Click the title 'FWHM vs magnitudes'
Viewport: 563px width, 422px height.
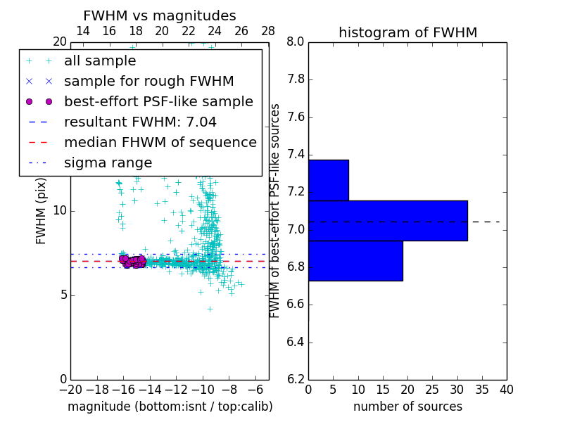(159, 15)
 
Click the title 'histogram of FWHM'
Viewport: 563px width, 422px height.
(407, 32)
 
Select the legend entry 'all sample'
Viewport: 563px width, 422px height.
(100, 61)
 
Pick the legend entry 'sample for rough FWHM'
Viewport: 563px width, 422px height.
(148, 81)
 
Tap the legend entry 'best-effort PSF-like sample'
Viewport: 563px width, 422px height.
(158, 101)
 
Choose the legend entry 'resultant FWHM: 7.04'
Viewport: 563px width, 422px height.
(140, 122)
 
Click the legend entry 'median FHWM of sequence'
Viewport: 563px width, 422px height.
(160, 142)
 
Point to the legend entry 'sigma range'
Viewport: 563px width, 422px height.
(108, 162)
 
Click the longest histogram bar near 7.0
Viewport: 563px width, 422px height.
(388, 221)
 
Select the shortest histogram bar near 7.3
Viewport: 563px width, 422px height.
(328, 180)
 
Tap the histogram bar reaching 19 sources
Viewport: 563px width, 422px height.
(355, 261)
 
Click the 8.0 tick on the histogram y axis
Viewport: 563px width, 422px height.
(295, 41)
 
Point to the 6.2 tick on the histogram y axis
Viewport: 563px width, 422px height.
(295, 380)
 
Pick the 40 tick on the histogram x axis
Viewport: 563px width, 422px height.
(506, 389)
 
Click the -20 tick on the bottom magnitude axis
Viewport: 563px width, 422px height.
(70, 389)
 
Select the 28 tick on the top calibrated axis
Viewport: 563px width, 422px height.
(268, 31)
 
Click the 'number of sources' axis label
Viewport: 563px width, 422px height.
(407, 407)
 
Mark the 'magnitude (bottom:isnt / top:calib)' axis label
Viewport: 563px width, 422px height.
(170, 407)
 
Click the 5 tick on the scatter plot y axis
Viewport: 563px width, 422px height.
(63, 295)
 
